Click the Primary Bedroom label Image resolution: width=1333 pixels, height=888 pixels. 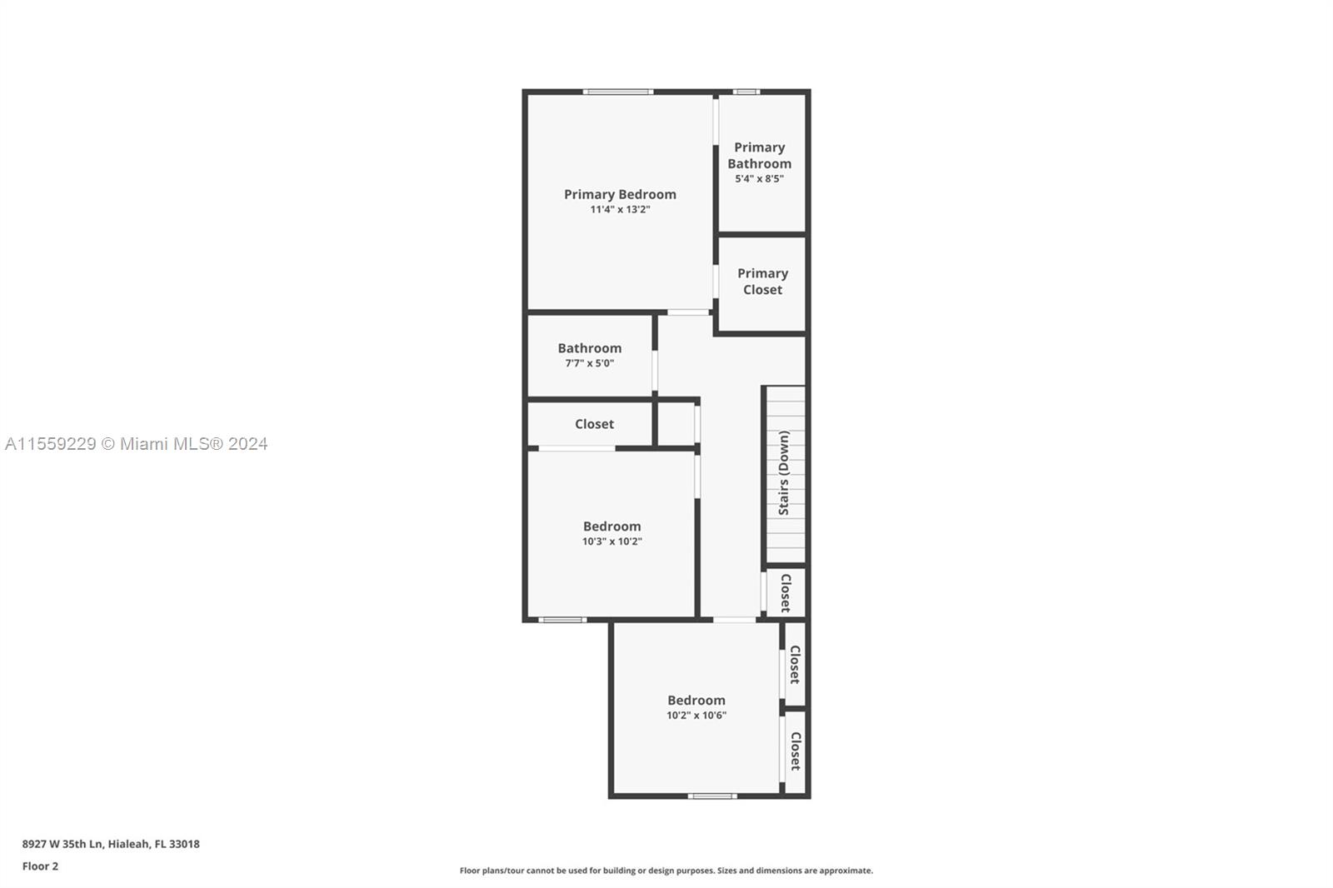point(620,195)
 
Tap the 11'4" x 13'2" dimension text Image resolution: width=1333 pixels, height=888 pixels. point(620,209)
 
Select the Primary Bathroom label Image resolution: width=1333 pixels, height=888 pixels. point(759,155)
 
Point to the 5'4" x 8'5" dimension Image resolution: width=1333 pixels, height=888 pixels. point(759,179)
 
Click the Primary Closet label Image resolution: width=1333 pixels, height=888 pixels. point(762,282)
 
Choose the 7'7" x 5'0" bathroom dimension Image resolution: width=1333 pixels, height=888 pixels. point(589,364)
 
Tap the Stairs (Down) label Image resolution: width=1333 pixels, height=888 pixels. point(784,473)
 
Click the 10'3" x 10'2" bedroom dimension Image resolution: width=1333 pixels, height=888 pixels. point(612,541)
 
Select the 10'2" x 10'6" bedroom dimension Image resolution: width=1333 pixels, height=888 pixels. point(696,716)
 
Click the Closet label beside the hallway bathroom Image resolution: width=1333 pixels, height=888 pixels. point(594,424)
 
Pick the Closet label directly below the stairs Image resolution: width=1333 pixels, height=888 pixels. point(786,593)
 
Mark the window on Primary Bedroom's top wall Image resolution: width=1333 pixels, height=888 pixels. point(618,92)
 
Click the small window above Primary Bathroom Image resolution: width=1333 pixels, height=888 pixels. point(746,92)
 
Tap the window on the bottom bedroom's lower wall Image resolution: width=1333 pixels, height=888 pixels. point(712,796)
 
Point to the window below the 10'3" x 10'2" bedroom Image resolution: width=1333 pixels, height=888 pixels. point(562,620)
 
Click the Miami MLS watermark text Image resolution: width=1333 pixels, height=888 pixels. point(137,444)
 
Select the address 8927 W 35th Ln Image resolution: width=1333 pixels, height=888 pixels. point(63,844)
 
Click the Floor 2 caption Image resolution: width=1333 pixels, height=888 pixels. point(40,866)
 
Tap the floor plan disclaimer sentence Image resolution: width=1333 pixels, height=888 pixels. point(666,871)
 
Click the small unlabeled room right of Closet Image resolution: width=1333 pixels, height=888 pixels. point(676,424)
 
